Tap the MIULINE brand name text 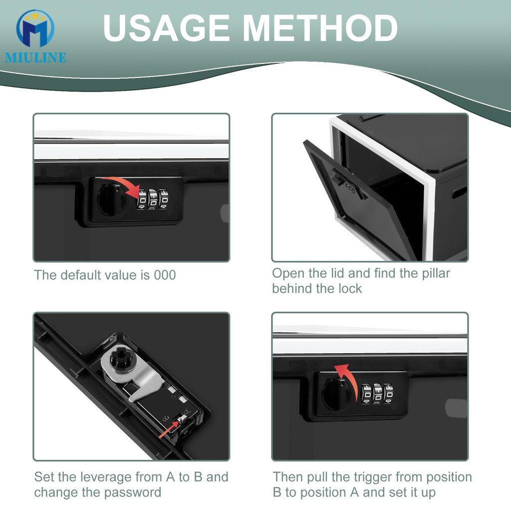click(35, 57)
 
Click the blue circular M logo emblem click(35, 28)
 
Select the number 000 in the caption click(165, 275)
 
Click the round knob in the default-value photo click(111, 200)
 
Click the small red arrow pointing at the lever click(169, 430)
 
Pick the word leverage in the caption click(106, 478)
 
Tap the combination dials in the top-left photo click(153, 199)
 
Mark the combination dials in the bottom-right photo click(377, 394)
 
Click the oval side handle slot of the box click(459, 193)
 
